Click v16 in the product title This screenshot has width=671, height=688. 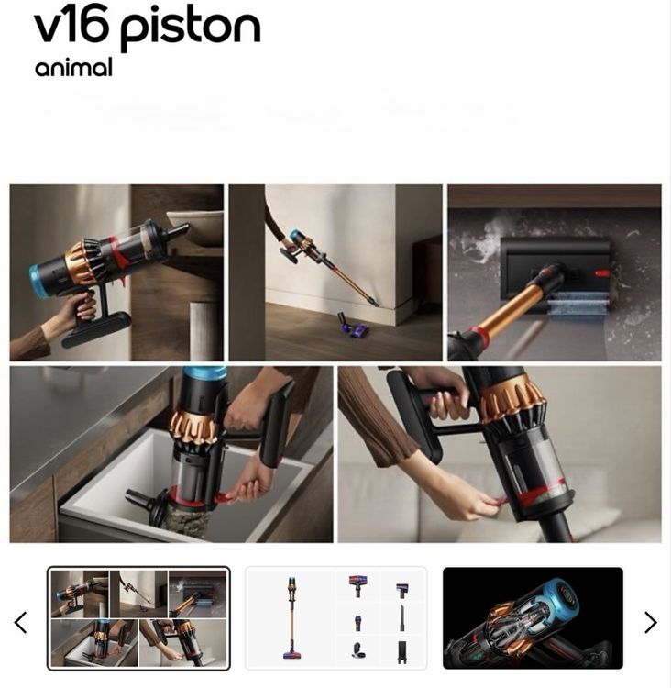(x=71, y=27)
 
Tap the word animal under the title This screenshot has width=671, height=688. (x=73, y=67)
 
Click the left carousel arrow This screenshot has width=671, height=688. (x=20, y=622)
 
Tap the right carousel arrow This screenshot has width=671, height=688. (x=651, y=622)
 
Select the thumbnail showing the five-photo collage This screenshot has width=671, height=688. (x=138, y=618)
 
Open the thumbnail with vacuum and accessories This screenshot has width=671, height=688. (x=335, y=618)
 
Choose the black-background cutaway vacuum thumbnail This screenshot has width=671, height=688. (x=533, y=618)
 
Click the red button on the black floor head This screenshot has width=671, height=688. (x=601, y=273)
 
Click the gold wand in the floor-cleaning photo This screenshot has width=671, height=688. (x=513, y=305)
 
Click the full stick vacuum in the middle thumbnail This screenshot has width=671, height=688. (x=291, y=618)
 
